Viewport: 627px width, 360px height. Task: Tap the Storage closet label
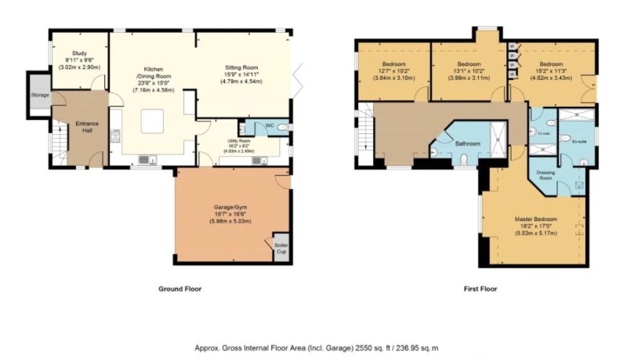pyautogui.click(x=40, y=95)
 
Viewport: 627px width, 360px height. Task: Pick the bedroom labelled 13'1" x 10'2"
pyautogui.click(x=469, y=64)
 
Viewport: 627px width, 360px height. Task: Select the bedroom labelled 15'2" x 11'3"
pyautogui.click(x=552, y=64)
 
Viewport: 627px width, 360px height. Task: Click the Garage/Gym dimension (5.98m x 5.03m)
pyautogui.click(x=229, y=222)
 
